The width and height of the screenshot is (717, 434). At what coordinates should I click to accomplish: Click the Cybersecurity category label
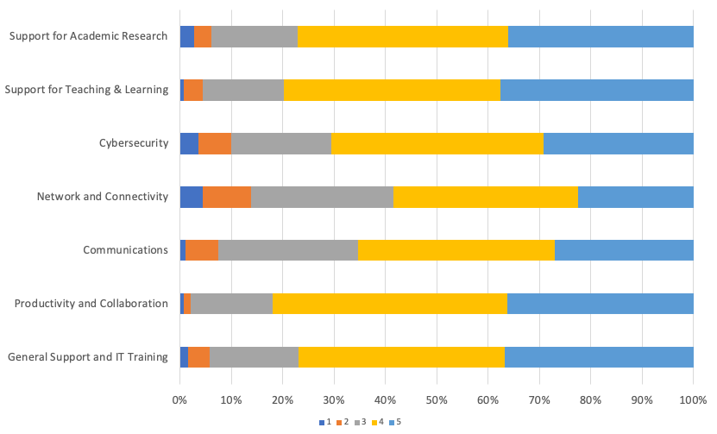pos(134,143)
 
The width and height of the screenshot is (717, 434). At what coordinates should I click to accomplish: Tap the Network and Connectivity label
pos(102,197)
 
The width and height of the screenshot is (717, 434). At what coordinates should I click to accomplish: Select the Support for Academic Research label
pos(88,36)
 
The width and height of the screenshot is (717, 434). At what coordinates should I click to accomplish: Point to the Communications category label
pos(125,250)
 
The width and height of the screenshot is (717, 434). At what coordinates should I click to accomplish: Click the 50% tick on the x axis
pos(437,400)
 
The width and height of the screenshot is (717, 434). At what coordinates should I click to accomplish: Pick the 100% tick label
pos(693,400)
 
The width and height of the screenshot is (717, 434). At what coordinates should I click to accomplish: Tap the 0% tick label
pos(179,400)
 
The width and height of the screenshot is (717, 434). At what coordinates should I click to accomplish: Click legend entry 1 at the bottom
pos(325,422)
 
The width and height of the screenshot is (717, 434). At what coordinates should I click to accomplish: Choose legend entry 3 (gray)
pos(360,422)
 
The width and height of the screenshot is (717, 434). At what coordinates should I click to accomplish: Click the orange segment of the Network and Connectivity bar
pos(227,197)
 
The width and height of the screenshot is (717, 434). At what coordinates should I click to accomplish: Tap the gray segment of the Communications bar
pos(288,250)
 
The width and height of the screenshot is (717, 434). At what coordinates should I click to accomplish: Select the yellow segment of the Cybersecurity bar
pos(437,143)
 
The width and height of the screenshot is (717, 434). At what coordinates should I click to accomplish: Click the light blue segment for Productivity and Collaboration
pos(600,304)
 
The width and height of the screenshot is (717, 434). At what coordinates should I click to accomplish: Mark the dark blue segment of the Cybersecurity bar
pos(189,143)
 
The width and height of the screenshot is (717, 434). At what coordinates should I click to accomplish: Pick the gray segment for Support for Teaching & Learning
pos(243,90)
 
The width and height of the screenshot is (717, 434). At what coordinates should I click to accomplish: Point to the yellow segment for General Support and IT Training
pos(401,356)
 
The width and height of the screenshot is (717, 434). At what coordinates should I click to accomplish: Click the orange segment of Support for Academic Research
pos(203,36)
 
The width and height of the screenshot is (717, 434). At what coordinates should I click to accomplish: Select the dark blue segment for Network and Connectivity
pos(191,197)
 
